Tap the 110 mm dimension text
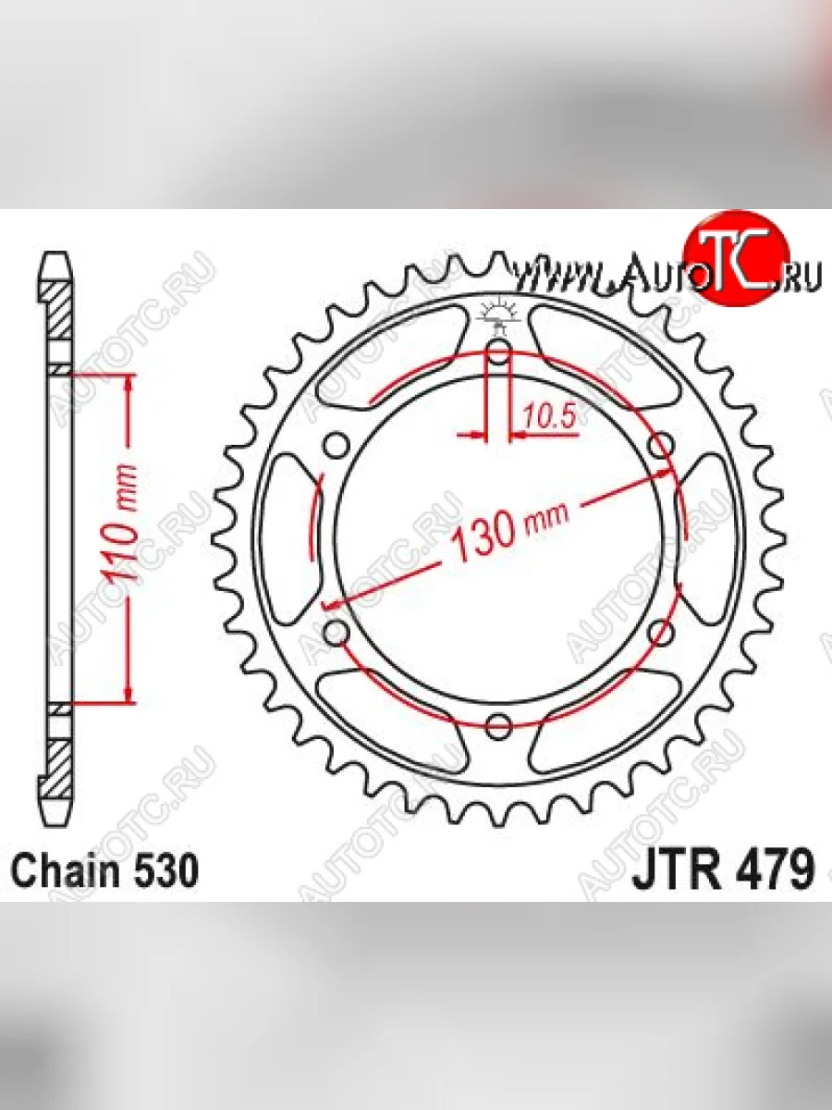click(x=120, y=525)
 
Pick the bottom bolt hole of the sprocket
click(x=499, y=726)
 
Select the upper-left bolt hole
click(x=336, y=446)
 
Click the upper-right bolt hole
click(x=661, y=446)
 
